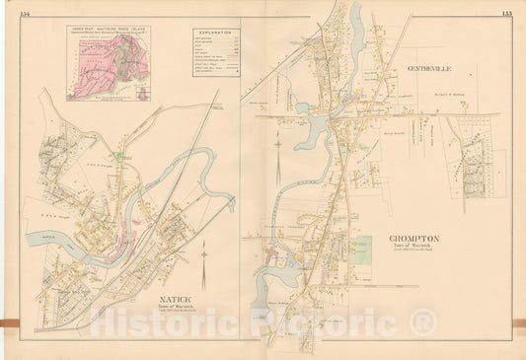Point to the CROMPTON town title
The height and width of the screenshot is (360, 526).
(x=413, y=239)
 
